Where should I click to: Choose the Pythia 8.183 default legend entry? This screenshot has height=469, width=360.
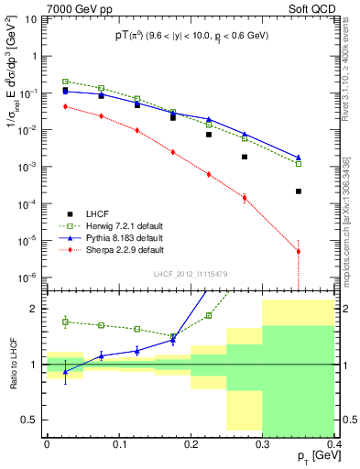pos(113,236)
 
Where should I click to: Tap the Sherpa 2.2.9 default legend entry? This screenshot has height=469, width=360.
pos(113,248)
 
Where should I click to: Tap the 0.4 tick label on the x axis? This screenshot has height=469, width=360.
pos(333,444)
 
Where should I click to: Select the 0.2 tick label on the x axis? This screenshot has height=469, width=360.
pos(190,444)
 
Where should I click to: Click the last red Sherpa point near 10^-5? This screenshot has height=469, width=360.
pos(299,251)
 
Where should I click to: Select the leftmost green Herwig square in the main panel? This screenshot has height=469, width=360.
pos(65,82)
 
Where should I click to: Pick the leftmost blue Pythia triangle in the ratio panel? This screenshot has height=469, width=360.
pos(65,371)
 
